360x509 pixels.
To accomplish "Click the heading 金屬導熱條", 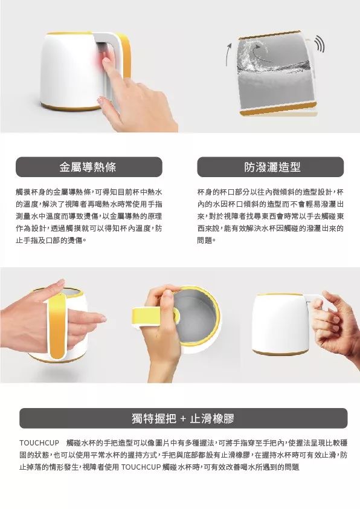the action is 88,167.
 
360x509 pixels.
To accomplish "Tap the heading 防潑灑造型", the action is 272,167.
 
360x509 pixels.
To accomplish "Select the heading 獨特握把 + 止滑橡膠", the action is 183,418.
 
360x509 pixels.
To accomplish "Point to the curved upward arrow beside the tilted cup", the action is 228,54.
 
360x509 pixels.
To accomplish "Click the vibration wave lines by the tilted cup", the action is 320,46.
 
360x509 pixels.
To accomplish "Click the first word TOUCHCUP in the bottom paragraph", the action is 39,443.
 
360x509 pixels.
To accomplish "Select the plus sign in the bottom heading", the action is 183,419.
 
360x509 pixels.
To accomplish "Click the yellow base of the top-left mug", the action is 69,107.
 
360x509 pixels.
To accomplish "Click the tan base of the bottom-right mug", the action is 280,353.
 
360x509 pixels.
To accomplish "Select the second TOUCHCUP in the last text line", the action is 141,467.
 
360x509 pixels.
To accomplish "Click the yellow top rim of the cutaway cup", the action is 270,34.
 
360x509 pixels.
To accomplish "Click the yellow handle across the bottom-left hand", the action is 58,325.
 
